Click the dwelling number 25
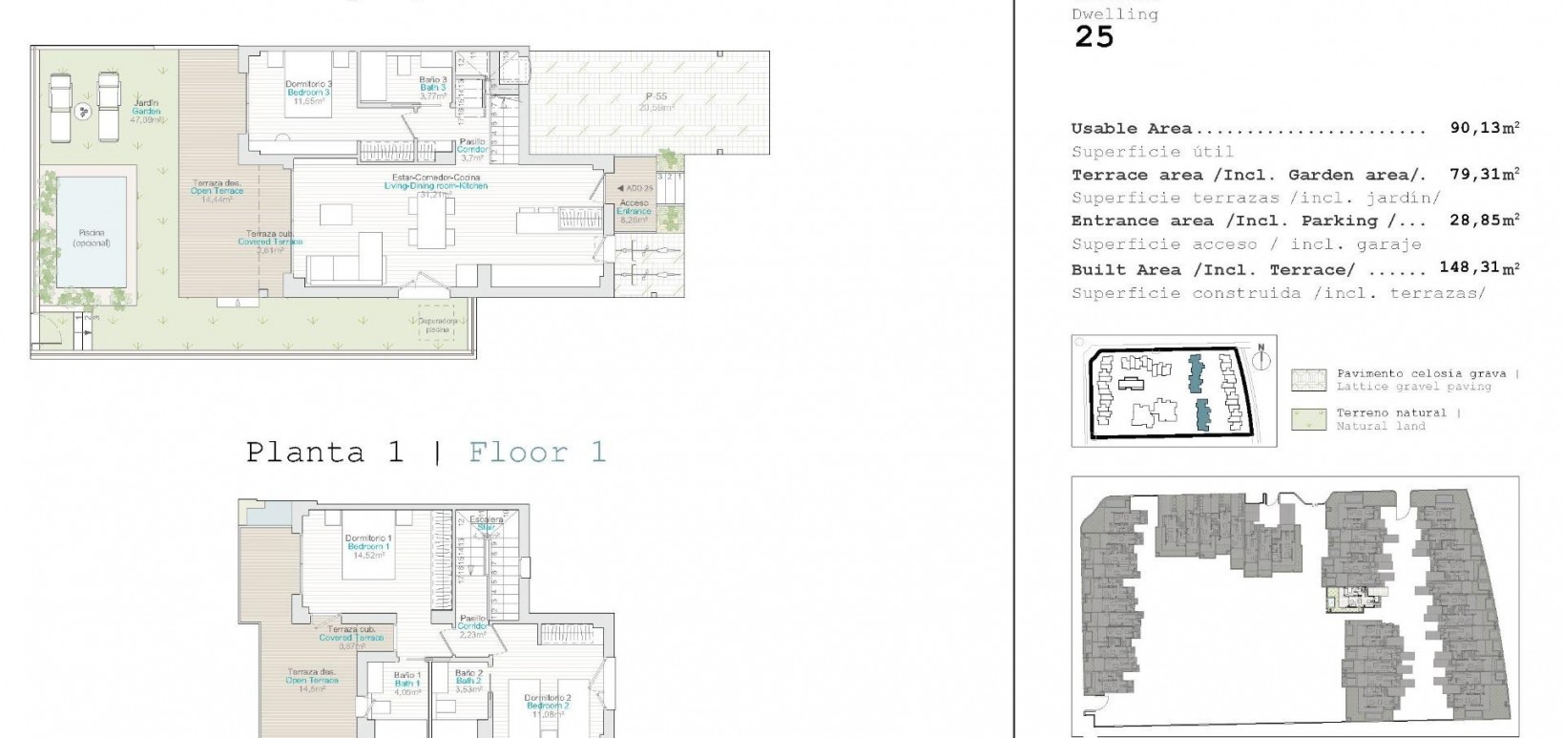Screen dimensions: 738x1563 1094,37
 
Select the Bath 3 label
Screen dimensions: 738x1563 432,88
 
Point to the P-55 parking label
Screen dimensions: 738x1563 656,96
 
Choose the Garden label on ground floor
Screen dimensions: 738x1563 146,112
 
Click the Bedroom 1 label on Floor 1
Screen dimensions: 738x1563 370,546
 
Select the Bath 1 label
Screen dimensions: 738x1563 407,683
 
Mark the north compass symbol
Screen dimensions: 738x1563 1261,359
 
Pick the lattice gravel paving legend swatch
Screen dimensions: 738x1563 1308,380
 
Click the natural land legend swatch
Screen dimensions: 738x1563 1308,419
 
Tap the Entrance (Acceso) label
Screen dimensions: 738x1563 634,207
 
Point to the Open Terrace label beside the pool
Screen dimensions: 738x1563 217,191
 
